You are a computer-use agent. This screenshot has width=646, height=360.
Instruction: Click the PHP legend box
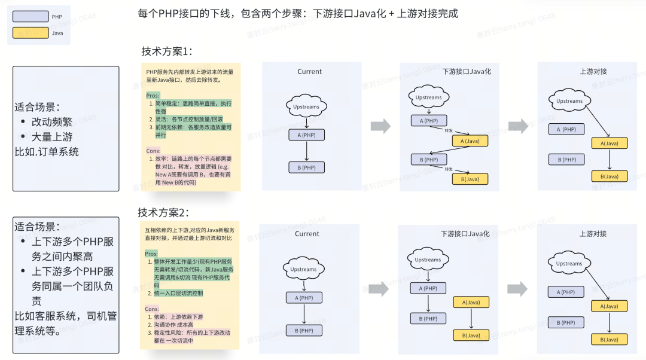coord(31,17)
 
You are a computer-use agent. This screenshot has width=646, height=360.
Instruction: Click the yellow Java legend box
coord(31,33)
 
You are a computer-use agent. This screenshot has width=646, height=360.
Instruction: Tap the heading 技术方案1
coord(167,51)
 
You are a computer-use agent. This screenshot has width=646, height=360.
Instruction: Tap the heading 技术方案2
coord(163,212)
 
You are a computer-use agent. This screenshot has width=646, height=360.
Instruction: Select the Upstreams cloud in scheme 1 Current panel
coord(306,107)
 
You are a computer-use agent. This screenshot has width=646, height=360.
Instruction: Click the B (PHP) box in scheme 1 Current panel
coord(306,167)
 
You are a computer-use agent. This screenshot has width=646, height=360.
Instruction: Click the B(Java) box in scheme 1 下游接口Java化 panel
coord(470,179)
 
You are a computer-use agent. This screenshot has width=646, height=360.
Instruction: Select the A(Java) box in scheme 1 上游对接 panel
coord(610,143)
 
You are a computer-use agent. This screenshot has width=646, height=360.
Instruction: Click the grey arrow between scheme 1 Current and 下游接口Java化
coord(380,126)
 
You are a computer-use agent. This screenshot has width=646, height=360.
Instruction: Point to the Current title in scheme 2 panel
coord(307,234)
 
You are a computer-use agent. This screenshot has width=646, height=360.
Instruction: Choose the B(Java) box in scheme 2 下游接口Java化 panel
coord(471,335)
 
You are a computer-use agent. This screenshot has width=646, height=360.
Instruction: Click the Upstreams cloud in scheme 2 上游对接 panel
coord(569,264)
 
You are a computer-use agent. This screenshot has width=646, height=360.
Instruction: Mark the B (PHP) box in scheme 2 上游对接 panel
coord(566,323)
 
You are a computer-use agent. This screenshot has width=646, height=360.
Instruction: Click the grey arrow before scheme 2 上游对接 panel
coord(517,289)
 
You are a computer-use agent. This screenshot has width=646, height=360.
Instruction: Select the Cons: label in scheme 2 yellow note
coord(153,309)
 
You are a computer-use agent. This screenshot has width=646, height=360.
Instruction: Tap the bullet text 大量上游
coord(52,137)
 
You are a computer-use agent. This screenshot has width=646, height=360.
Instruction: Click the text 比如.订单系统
coord(47,152)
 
